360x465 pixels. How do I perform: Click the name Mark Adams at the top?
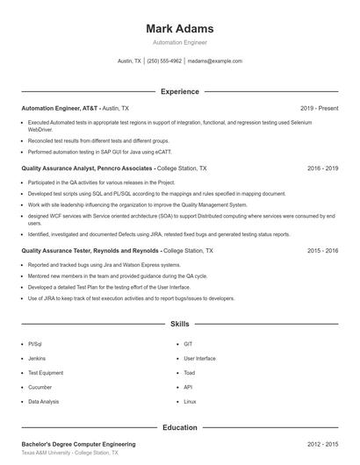[180, 29]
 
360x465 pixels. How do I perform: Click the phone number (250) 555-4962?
[164, 61]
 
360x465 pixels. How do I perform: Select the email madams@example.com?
[215, 61]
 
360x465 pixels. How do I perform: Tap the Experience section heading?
[180, 91]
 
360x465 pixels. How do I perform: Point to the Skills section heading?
[180, 324]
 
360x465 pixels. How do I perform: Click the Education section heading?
[180, 427]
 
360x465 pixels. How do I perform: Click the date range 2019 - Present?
[319, 108]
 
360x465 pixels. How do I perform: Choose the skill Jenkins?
[37, 358]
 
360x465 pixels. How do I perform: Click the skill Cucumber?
[40, 387]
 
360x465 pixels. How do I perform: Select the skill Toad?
[190, 372]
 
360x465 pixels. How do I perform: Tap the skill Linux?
[190, 401]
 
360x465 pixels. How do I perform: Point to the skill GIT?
[188, 344]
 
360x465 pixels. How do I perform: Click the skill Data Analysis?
[44, 401]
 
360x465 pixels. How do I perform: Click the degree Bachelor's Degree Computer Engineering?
[80, 445]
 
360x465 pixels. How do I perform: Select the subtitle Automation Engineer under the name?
[180, 42]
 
